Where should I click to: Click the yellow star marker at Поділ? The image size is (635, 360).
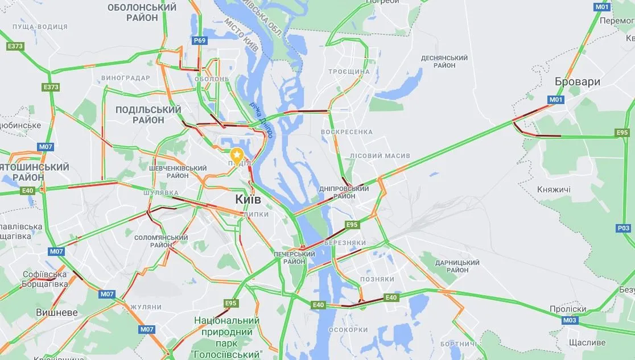tap(237, 154)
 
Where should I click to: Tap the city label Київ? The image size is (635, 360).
tap(248, 200)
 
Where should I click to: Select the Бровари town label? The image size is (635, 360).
tap(578, 81)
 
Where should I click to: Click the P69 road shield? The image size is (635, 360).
tap(200, 40)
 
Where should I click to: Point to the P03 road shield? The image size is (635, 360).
tap(623, 228)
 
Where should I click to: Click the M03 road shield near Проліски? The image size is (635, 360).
tap(570, 320)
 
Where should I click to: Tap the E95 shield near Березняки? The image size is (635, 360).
tap(352, 225)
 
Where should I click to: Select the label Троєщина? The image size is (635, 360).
tap(349, 72)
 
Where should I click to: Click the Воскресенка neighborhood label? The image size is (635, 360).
tap(347, 132)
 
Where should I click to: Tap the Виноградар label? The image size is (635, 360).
tap(125, 78)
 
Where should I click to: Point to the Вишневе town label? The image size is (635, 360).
tap(56, 313)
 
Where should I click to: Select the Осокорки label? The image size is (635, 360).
tap(348, 330)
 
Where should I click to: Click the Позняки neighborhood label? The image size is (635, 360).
tap(377, 279)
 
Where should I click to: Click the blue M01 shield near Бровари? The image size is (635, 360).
tap(556, 100)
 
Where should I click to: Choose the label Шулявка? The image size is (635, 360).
tap(160, 193)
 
